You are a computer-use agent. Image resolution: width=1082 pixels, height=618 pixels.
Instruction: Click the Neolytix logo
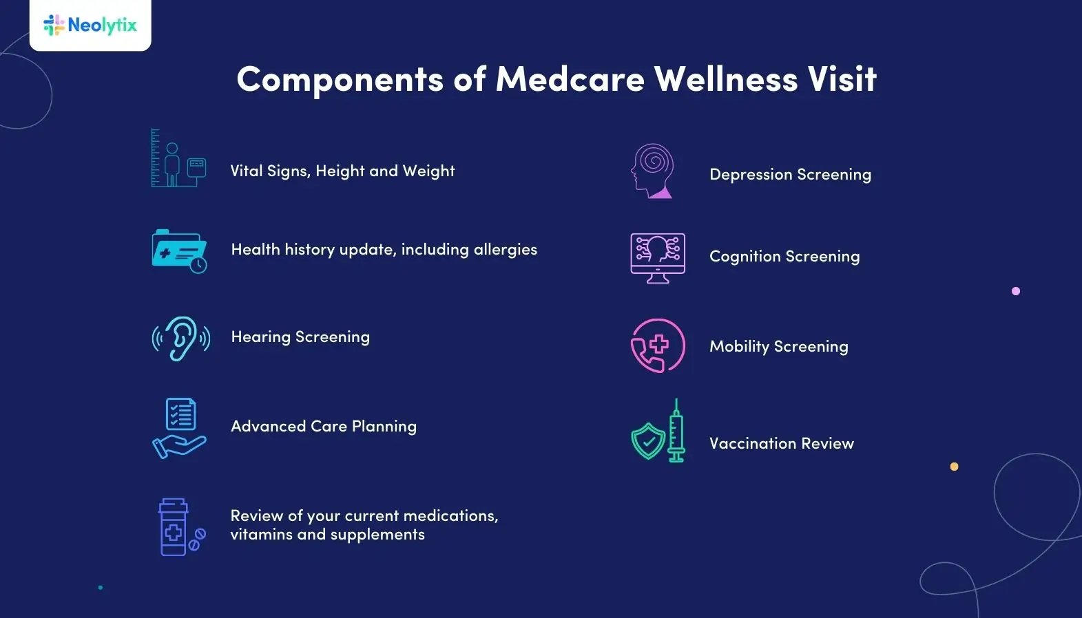90,25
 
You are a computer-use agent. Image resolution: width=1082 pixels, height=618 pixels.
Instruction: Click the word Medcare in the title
570,79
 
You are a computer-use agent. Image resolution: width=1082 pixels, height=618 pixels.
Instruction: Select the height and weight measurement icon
178,158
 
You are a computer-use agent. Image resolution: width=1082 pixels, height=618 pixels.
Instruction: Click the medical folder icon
179,251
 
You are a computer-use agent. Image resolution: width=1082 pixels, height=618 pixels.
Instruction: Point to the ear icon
181,338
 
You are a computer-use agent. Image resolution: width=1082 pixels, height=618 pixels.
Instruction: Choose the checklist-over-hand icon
179,428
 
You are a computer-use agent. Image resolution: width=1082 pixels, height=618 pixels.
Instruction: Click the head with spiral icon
652,171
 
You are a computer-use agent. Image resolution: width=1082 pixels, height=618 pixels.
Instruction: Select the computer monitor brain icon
658,258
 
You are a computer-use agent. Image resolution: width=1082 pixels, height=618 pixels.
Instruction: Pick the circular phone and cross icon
658,345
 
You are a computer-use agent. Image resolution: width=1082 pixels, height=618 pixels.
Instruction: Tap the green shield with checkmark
648,441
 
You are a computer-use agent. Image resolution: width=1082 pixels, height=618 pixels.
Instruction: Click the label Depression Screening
790,175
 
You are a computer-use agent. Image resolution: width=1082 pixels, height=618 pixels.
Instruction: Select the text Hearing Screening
300,337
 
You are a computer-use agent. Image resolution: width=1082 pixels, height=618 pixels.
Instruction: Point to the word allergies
505,250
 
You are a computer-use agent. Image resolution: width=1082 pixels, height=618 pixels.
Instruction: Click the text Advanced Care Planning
324,427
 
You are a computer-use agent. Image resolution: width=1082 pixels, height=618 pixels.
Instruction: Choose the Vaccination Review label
782,444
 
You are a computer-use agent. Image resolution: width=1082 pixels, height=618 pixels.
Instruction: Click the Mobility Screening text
779,347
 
